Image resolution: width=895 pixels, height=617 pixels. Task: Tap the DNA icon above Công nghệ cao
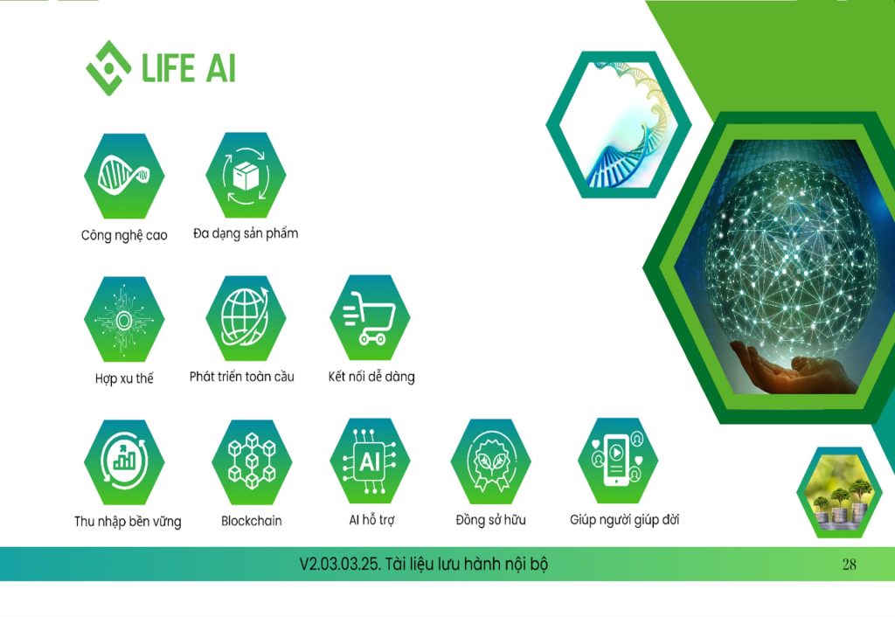click(124, 176)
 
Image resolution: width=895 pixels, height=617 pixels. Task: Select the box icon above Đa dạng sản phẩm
click(246, 176)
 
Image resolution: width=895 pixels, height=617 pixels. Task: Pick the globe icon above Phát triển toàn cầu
click(246, 318)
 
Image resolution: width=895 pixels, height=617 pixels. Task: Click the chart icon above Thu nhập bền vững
click(124, 462)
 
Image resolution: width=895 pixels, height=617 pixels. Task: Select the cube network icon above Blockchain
click(252, 461)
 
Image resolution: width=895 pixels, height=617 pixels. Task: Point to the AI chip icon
click(370, 461)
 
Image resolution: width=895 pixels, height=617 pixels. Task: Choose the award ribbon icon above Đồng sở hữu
click(491, 461)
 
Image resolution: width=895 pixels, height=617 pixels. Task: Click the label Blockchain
click(252, 521)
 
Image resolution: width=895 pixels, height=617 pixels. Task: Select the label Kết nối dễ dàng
click(371, 377)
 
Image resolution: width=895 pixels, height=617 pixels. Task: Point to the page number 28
click(850, 565)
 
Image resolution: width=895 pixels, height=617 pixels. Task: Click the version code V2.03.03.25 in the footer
click(340, 564)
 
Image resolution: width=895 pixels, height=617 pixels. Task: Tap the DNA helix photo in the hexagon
click(619, 124)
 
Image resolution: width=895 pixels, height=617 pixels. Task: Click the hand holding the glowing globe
click(794, 370)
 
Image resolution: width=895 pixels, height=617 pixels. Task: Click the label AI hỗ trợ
click(371, 520)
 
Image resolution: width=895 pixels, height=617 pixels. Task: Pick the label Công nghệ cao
click(124, 235)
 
